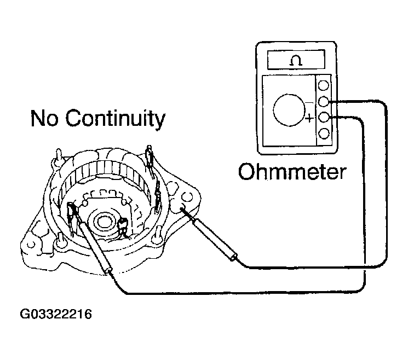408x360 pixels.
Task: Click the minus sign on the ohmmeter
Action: click(x=310, y=102)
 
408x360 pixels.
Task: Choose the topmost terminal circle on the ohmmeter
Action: click(x=324, y=86)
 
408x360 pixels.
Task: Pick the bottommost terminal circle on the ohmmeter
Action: click(x=324, y=133)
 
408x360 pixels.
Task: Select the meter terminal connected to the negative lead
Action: click(x=324, y=102)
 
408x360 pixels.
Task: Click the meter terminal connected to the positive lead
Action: click(x=324, y=117)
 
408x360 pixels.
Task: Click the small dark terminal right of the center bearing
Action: click(x=124, y=224)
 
